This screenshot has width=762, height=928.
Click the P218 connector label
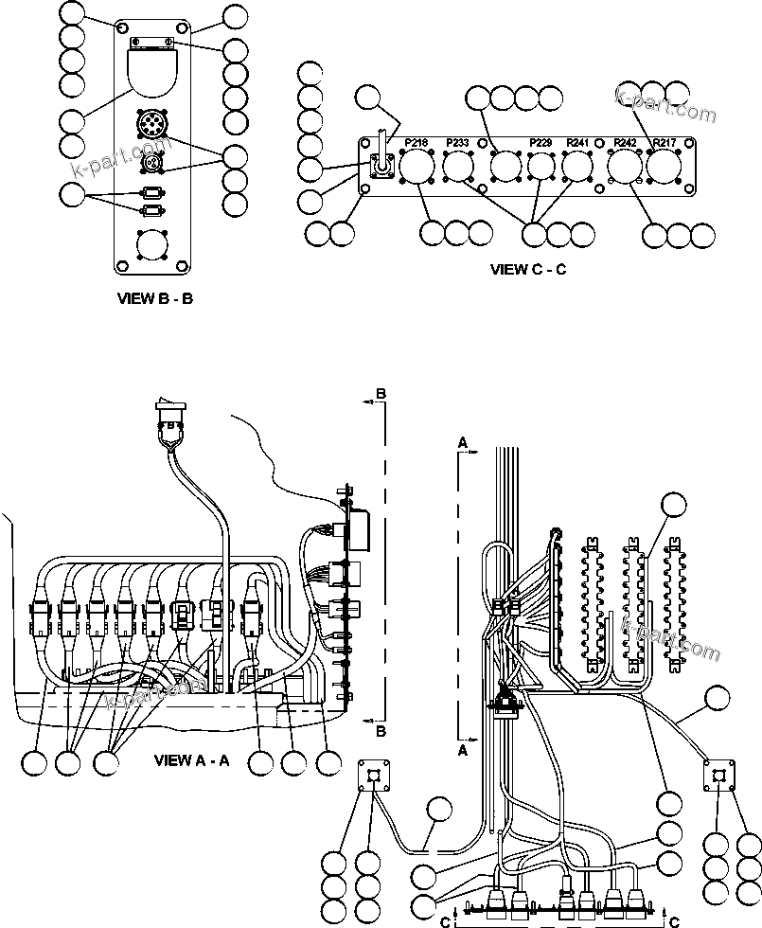point(416,143)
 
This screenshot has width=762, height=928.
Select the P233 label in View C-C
point(457,143)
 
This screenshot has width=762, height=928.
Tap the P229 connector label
point(540,143)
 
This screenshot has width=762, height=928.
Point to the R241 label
point(577,143)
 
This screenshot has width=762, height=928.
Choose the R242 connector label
point(625,143)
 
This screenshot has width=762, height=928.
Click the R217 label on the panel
point(665,143)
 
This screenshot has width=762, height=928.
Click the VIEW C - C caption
point(528,269)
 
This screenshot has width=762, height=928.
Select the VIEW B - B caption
point(154,298)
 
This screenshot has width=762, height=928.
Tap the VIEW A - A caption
point(191,759)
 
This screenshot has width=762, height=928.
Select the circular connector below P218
point(416,169)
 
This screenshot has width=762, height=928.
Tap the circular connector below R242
point(625,169)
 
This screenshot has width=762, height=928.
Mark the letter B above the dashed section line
point(381,392)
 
